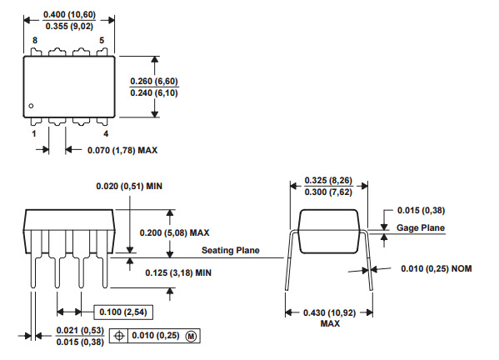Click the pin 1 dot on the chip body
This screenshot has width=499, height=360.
tap(31, 106)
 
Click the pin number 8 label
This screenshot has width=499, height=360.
tap(35, 41)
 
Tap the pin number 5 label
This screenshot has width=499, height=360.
tap(102, 41)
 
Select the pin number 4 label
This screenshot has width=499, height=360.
tap(106, 133)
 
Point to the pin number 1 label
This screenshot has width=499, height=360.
tap(34, 133)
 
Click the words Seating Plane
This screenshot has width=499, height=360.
tap(231, 250)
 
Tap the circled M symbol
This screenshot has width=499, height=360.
tap(191, 336)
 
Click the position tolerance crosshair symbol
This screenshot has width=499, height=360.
tap(119, 336)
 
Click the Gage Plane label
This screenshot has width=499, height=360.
tap(421, 227)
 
